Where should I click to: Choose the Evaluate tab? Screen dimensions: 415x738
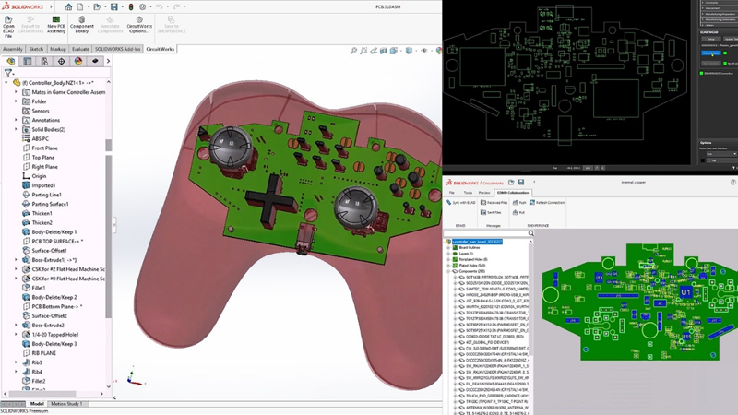(81, 49)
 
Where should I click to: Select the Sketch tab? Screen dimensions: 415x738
(37, 49)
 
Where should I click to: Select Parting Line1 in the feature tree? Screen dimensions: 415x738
(47, 195)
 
